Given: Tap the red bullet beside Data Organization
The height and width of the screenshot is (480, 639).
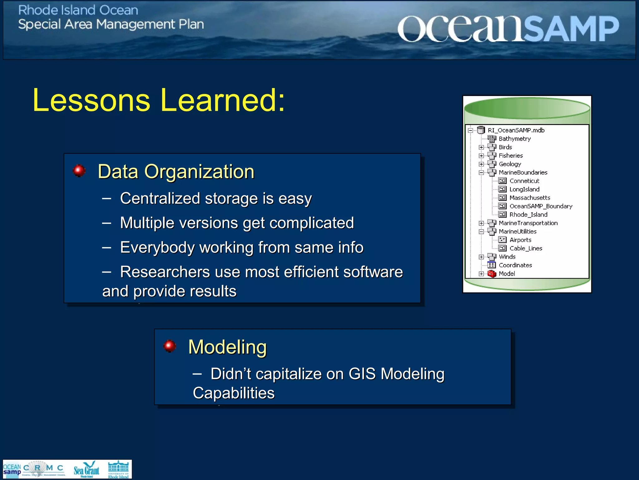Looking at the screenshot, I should [x=79, y=171].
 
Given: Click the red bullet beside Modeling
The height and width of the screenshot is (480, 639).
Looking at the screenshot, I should [x=170, y=346].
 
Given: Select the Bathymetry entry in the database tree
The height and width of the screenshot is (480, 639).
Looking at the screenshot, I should [x=515, y=139].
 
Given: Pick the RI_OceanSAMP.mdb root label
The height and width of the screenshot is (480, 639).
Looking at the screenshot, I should [x=516, y=130].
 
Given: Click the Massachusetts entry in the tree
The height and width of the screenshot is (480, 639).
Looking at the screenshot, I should [x=529, y=198].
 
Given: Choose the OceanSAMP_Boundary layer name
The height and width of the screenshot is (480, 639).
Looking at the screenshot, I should [x=541, y=206].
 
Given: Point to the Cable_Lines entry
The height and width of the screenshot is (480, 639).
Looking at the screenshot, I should [x=526, y=248].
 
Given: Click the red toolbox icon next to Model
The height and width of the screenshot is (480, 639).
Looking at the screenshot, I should [x=492, y=274].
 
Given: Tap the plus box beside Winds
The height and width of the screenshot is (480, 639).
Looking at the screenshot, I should [x=481, y=257].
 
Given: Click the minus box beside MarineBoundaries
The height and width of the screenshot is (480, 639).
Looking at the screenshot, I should [x=481, y=172].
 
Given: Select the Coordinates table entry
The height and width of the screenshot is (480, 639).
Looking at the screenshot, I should [x=515, y=265].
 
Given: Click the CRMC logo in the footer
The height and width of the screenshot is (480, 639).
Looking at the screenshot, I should [x=44, y=469].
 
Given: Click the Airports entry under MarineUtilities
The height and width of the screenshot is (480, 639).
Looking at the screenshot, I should [x=520, y=240].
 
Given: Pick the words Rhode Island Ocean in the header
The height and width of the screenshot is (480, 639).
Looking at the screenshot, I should [x=78, y=10].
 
